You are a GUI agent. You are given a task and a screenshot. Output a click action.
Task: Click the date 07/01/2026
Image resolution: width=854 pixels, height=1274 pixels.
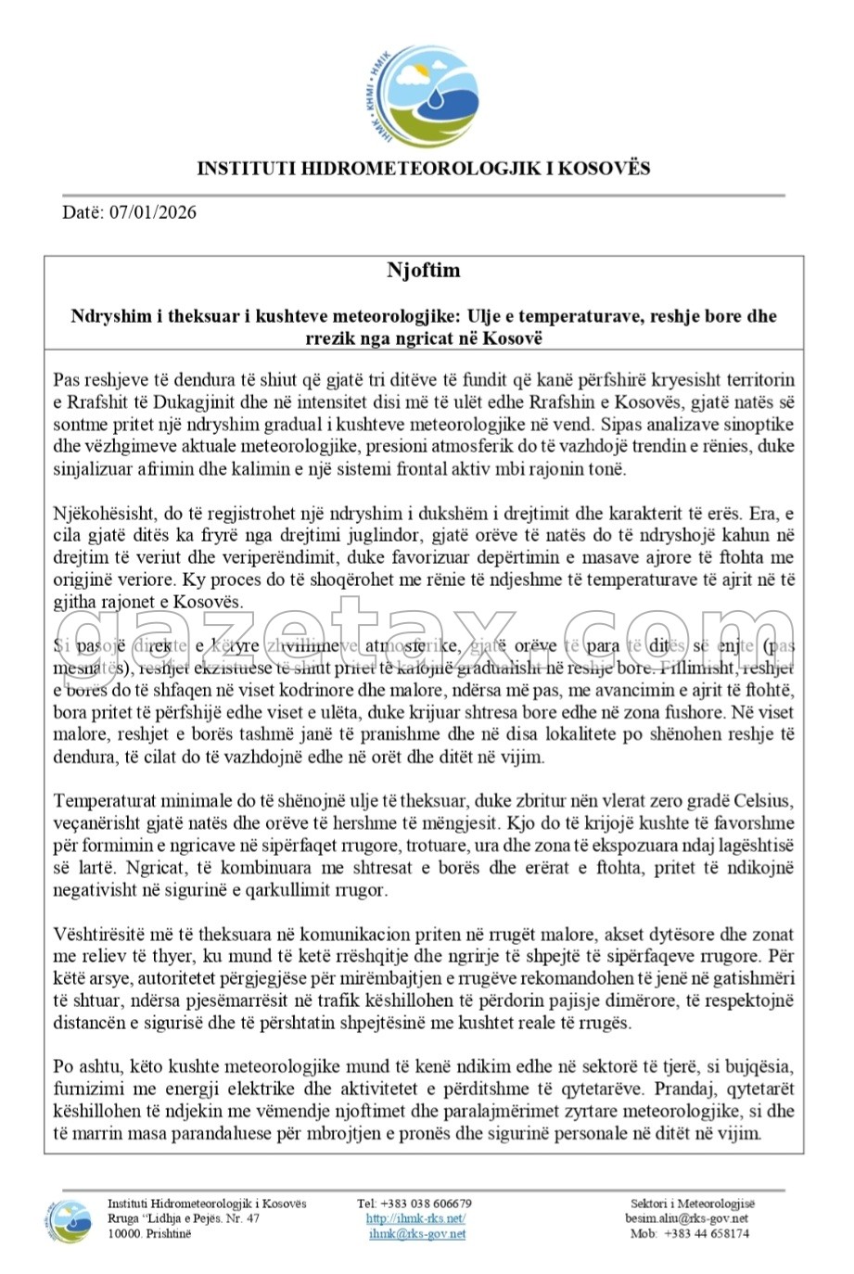click(153, 212)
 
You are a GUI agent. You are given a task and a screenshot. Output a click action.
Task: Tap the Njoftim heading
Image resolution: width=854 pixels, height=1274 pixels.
click(423, 271)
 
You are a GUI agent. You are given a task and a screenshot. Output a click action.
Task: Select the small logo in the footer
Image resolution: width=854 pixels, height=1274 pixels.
click(70, 1219)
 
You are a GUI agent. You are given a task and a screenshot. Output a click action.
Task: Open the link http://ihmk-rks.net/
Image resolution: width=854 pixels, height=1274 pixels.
click(415, 1218)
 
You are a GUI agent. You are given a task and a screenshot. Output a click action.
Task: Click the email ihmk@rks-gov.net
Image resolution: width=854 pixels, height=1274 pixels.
click(416, 1234)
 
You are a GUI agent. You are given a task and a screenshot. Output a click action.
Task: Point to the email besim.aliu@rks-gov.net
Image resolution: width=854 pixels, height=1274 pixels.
click(686, 1218)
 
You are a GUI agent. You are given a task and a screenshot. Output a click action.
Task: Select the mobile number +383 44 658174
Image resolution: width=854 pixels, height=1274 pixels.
click(702, 1234)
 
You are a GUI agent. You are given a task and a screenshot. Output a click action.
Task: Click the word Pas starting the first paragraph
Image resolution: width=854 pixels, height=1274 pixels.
click(66, 380)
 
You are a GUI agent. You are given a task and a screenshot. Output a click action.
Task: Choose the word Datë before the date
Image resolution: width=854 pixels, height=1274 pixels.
click(82, 212)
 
